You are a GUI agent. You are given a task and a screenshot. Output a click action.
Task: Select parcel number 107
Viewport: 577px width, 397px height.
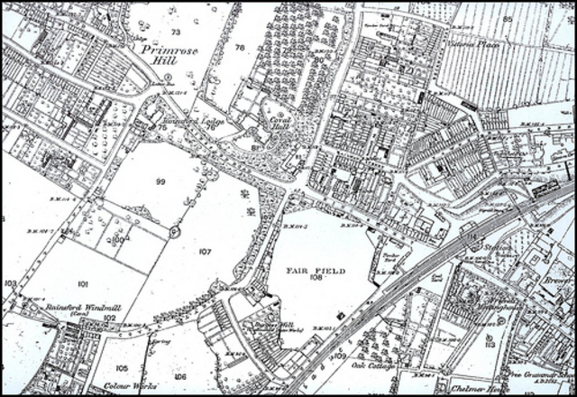[x=205, y=252]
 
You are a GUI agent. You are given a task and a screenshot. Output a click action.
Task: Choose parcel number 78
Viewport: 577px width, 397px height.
[x=240, y=47]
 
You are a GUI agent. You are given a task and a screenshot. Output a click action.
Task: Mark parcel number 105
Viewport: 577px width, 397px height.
[x=122, y=368]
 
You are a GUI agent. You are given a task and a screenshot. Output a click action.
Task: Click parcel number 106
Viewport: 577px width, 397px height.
[x=181, y=376]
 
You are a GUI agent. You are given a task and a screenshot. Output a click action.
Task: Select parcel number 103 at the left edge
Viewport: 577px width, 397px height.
[x=10, y=283]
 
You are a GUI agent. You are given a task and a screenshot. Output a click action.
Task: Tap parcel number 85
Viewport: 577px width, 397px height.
[x=507, y=18]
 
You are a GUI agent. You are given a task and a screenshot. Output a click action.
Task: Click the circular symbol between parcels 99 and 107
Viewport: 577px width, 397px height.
[x=175, y=231]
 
